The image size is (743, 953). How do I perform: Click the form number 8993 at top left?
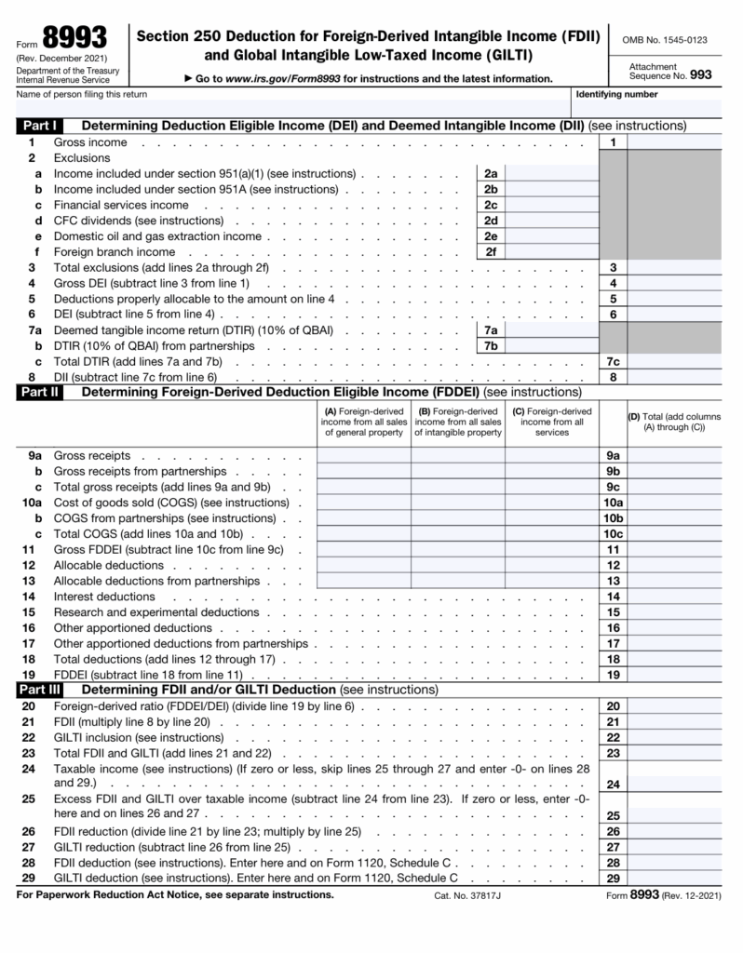(74, 38)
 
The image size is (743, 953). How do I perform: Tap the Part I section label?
(38, 126)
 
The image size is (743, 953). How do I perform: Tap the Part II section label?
(39, 392)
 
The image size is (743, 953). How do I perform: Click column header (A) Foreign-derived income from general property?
(363, 422)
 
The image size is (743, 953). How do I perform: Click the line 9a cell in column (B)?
(458, 456)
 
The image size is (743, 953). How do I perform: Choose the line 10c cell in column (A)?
(363, 533)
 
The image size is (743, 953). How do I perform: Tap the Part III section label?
(40, 690)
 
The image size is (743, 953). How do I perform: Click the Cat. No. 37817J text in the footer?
(468, 895)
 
